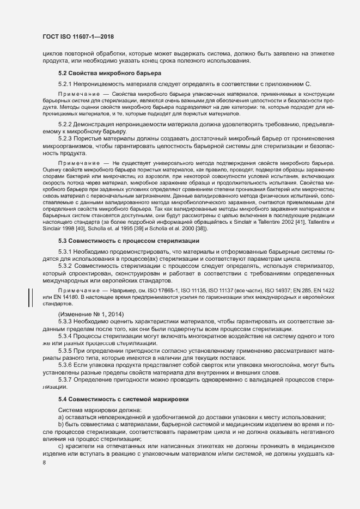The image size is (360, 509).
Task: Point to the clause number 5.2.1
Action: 65,84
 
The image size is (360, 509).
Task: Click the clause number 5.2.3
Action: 65,138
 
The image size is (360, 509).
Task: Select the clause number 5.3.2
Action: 65,265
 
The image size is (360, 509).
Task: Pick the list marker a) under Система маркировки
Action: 61,416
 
